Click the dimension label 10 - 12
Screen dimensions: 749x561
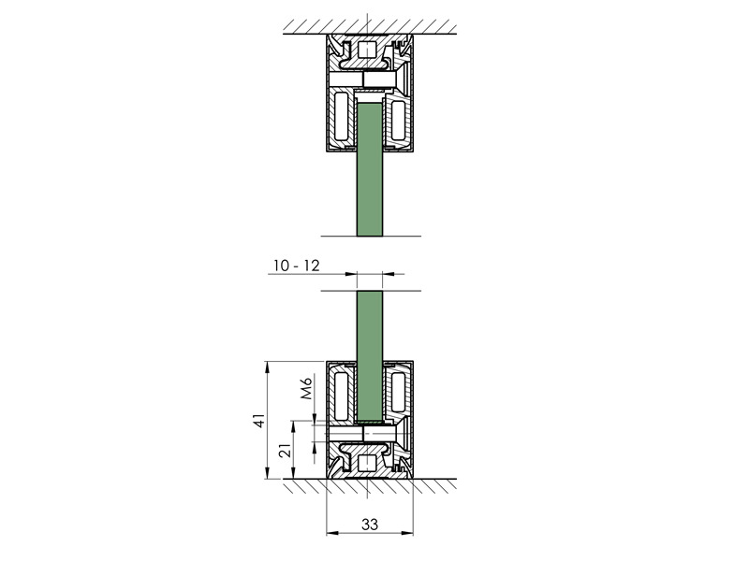tap(297, 266)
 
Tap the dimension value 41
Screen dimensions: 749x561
tap(258, 420)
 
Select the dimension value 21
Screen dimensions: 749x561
tap(285, 450)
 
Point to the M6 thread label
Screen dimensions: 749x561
tap(306, 388)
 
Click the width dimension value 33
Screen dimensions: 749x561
tap(370, 525)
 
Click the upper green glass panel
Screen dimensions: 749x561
tap(370, 169)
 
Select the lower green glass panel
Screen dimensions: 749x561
tap(370, 356)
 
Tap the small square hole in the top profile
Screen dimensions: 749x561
tap(367, 50)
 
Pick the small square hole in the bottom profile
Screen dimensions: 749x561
tap(367, 463)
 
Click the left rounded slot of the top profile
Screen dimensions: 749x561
tap(341, 116)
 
